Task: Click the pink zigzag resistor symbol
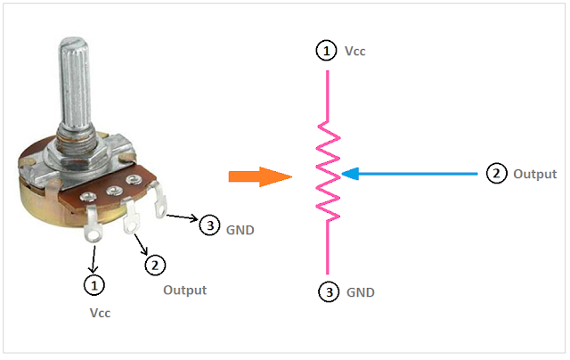328,171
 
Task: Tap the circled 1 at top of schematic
327,52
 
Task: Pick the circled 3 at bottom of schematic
327,291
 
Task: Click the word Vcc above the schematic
354,52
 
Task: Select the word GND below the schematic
359,291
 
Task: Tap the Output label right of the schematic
534,175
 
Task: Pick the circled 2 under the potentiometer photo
155,265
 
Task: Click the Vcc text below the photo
100,314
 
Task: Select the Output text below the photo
184,290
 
